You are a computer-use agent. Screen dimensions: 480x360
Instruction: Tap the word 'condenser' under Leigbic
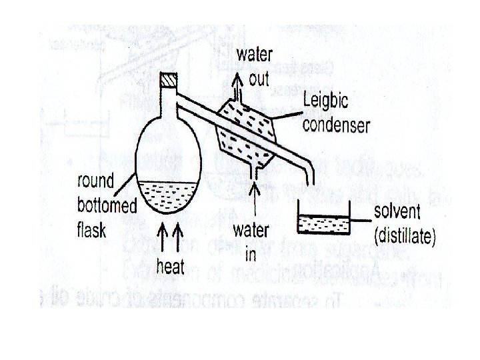click(336, 125)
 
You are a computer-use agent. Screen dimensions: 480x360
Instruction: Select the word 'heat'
click(170, 267)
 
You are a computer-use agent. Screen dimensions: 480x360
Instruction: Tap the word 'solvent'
click(397, 213)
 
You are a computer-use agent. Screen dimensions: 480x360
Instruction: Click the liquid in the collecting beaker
click(324, 225)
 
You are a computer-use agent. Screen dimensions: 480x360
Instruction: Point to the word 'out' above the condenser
click(259, 79)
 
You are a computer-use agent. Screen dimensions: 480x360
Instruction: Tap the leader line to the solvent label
click(361, 221)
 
